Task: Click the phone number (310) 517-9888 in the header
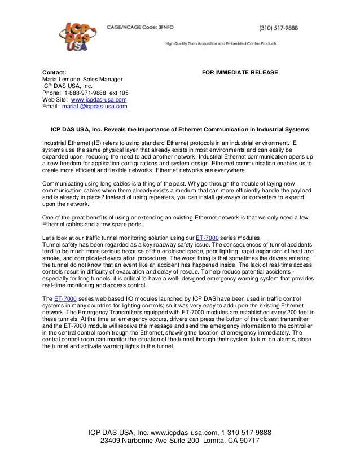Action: pos(278,28)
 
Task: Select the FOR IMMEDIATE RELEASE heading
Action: pos(240,73)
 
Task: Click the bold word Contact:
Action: pos(55,73)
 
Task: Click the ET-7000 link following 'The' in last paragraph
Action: pos(67,298)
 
